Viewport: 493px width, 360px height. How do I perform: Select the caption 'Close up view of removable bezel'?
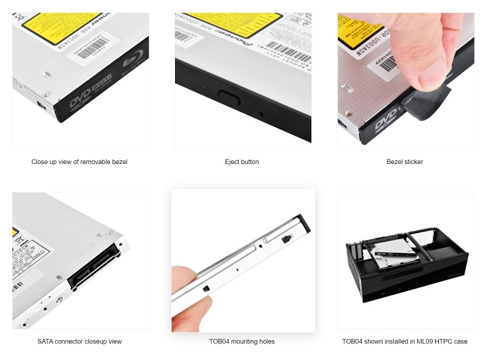[x=79, y=162]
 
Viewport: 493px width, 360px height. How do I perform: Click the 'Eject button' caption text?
[x=242, y=162]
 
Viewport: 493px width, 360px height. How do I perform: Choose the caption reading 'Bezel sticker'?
[x=404, y=162]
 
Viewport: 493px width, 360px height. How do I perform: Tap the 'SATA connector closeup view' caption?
[x=79, y=342]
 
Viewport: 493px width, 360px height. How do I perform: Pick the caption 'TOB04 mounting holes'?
[x=242, y=342]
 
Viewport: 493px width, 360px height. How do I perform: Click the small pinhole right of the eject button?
[x=263, y=113]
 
